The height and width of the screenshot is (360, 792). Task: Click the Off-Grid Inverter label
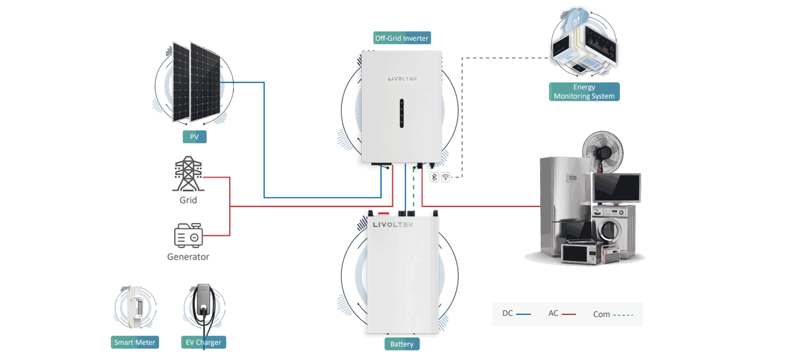click(x=402, y=38)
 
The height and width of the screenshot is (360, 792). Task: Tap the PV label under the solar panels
click(x=194, y=137)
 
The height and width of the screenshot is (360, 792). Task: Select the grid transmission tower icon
click(x=188, y=174)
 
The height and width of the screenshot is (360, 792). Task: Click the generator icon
click(x=188, y=236)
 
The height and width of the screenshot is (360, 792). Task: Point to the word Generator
click(x=188, y=257)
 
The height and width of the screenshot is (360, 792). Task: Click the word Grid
click(x=188, y=200)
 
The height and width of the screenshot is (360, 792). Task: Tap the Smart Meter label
click(x=135, y=343)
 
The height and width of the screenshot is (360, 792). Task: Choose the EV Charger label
click(x=203, y=343)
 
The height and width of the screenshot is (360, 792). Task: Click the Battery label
click(x=402, y=344)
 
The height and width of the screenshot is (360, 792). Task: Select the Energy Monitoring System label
click(x=584, y=92)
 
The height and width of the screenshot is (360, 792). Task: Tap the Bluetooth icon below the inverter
click(x=434, y=177)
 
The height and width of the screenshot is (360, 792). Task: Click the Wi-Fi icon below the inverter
click(x=445, y=177)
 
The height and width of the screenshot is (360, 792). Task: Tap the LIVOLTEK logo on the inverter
click(x=402, y=78)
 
